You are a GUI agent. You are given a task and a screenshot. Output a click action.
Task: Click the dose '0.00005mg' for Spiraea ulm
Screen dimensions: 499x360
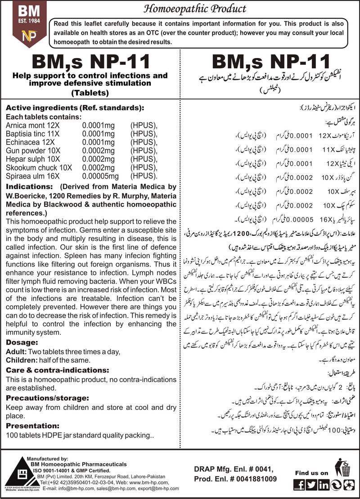[x=100, y=175]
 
